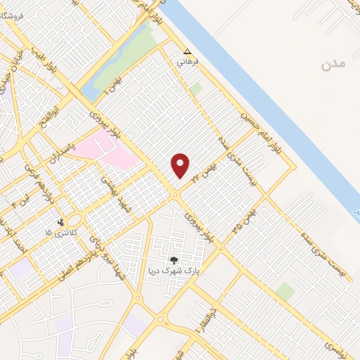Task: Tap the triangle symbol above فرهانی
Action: (187, 51)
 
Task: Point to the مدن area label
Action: (333, 65)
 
